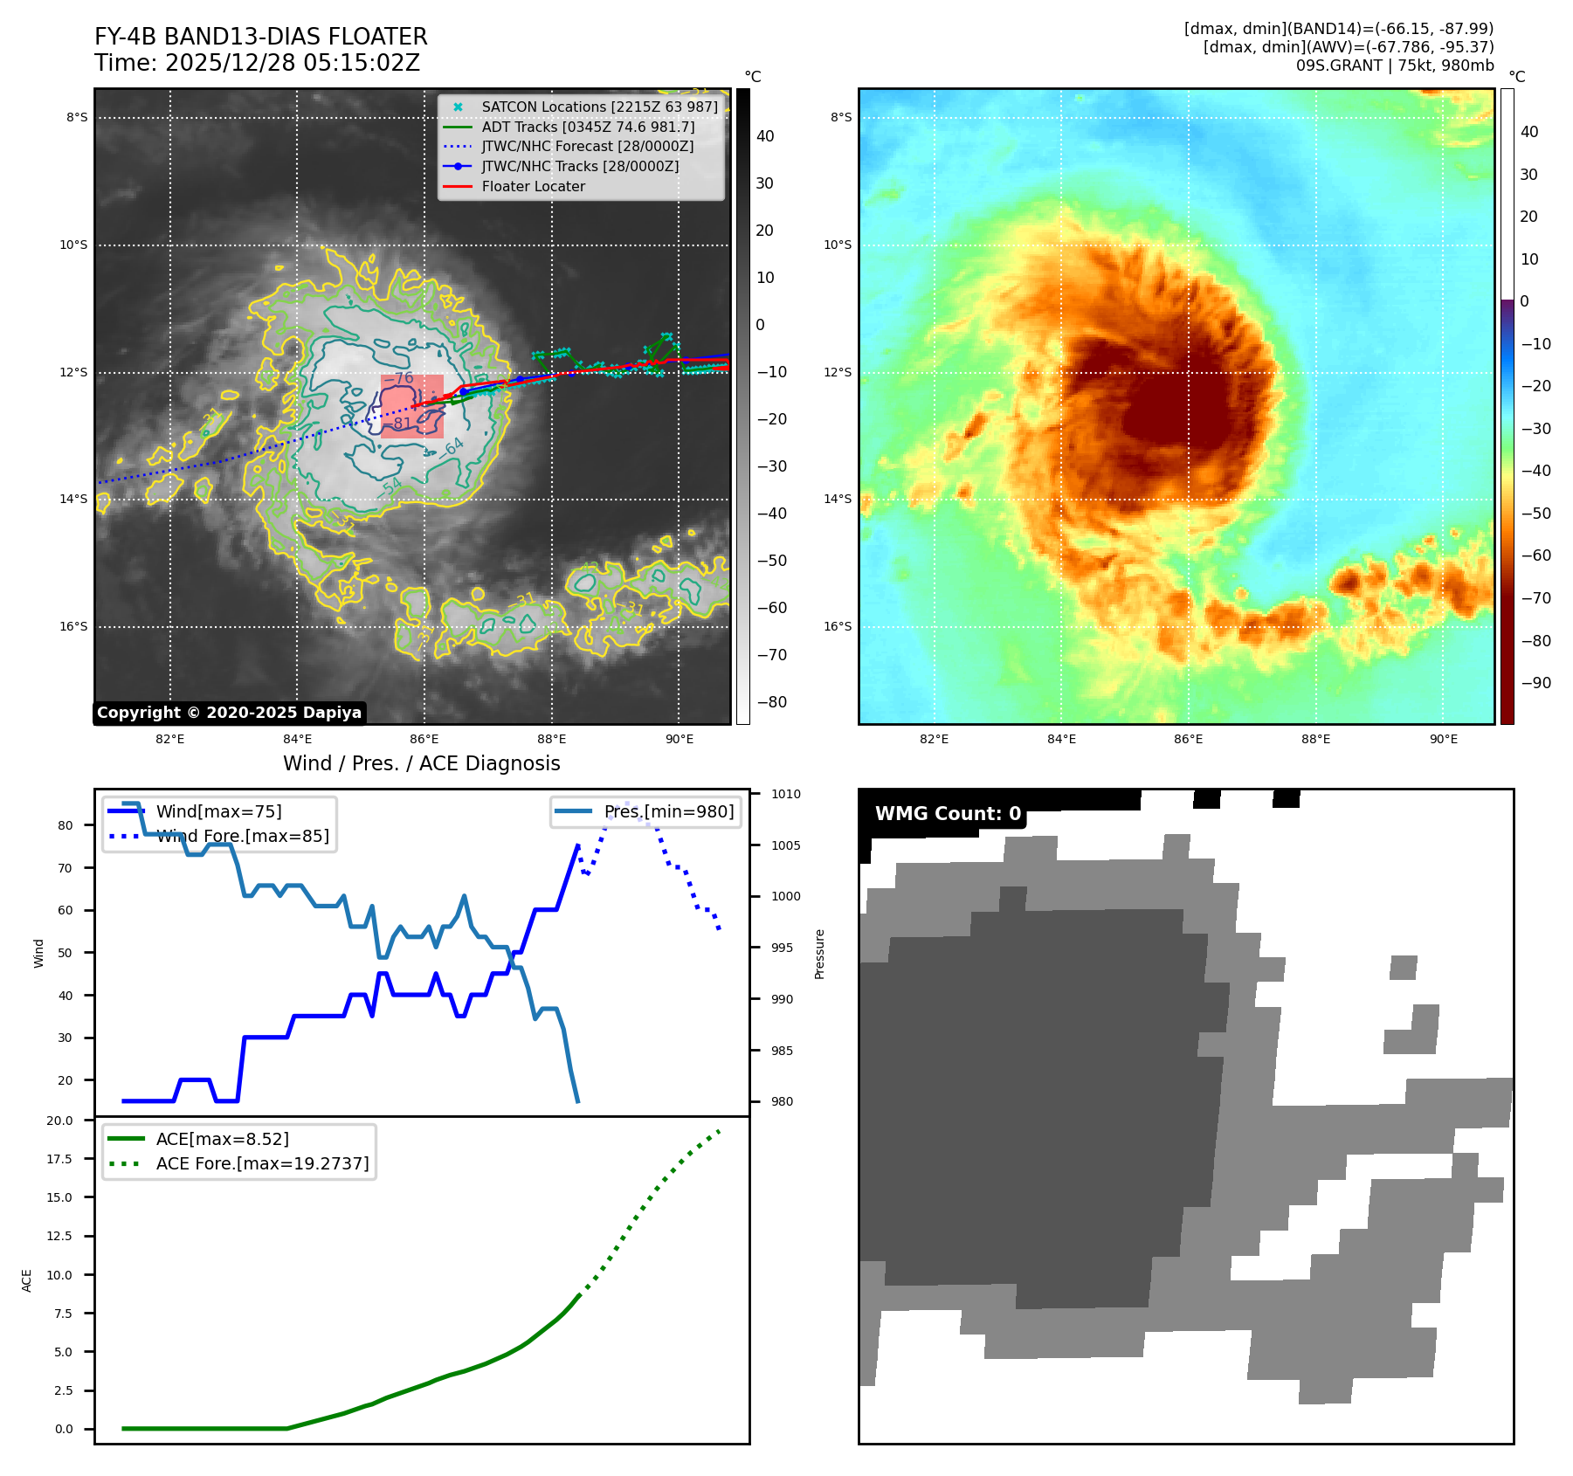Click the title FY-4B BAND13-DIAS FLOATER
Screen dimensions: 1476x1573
pyautogui.click(x=260, y=37)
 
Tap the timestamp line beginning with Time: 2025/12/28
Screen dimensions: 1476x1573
pyautogui.click(x=257, y=63)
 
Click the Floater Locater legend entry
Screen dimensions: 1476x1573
pyautogui.click(x=533, y=186)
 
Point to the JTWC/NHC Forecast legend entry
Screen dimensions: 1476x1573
pyautogui.click(x=587, y=146)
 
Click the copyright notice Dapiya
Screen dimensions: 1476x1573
pyautogui.click(x=229, y=713)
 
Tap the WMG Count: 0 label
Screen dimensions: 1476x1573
pyautogui.click(x=948, y=814)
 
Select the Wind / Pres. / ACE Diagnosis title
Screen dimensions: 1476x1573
pyautogui.click(x=421, y=763)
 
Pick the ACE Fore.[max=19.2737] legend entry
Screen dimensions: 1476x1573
pyautogui.click(x=262, y=1163)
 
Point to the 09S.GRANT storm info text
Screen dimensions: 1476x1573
pyautogui.click(x=1394, y=66)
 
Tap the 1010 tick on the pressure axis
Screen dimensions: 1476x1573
pyautogui.click(x=785, y=794)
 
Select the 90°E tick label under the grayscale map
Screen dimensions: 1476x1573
pyautogui.click(x=679, y=739)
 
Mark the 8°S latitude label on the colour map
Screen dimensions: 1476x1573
pyautogui.click(x=840, y=117)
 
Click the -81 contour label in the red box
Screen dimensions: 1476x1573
pyautogui.click(x=401, y=424)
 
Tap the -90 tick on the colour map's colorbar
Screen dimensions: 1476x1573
pyautogui.click(x=1535, y=683)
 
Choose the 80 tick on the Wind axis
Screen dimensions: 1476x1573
pyautogui.click(x=65, y=825)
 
